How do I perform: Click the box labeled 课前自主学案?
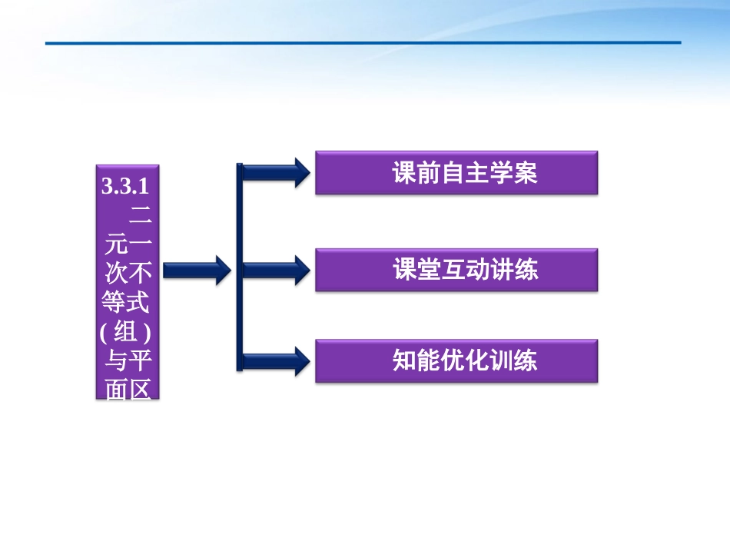tap(456, 173)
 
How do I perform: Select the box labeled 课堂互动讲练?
tap(456, 269)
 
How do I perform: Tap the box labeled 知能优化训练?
tap(456, 360)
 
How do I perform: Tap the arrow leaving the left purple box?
tap(196, 269)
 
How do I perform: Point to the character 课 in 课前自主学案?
tap(405, 174)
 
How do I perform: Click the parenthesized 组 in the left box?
tap(128, 331)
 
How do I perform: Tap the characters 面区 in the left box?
tap(128, 388)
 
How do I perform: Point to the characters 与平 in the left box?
tap(128, 360)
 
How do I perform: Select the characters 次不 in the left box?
tap(128, 273)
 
